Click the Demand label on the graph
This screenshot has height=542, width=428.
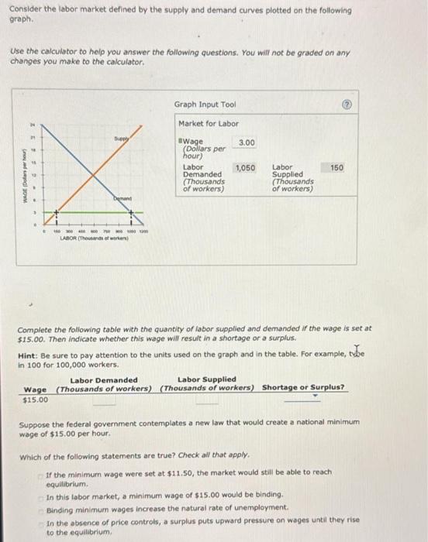122,197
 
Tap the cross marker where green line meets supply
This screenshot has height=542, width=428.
56,213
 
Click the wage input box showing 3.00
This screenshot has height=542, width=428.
247,143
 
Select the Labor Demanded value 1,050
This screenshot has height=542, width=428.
246,167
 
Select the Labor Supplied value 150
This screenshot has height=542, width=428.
337,167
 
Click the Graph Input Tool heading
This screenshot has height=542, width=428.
205,105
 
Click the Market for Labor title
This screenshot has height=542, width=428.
209,124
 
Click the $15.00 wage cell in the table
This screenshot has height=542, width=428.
35,400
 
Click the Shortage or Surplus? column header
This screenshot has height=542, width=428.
303,387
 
